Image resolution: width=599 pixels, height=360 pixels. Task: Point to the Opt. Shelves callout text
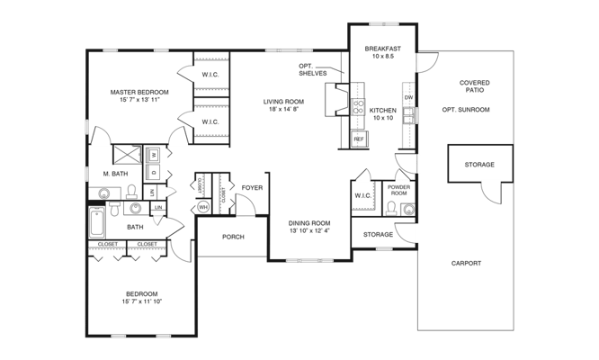[x=313, y=68]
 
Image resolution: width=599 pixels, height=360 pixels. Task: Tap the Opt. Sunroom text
[x=465, y=110]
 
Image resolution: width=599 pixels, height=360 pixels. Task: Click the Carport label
[x=467, y=264]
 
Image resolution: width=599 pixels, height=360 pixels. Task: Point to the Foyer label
[x=251, y=188]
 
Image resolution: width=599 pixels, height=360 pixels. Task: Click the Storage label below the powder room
[x=378, y=234]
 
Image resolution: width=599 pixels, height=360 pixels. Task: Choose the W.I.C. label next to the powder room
[x=362, y=194]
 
